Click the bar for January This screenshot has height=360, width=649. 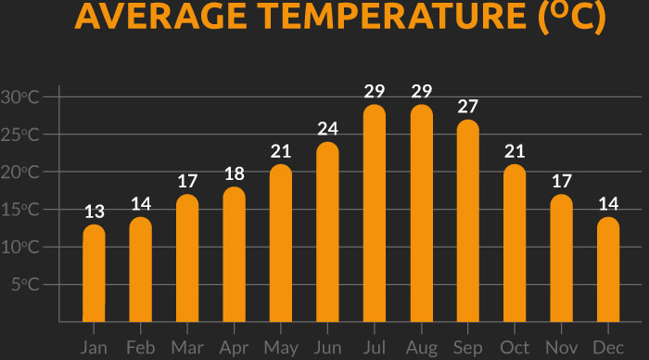click(94, 274)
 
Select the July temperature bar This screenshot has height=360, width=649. click(375, 213)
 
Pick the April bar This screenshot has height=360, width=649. click(234, 255)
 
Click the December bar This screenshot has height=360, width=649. click(608, 269)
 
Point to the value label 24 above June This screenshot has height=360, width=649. click(327, 128)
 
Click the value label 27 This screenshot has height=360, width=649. click(468, 106)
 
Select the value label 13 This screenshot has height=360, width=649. click(94, 212)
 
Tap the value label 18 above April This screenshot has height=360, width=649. click(234, 174)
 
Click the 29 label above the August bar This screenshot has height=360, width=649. click(422, 92)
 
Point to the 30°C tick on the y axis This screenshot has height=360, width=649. click(20, 97)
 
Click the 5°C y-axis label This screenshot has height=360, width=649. click(25, 284)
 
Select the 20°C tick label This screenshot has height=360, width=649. click(20, 173)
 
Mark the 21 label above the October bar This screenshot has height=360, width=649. click(515, 151)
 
